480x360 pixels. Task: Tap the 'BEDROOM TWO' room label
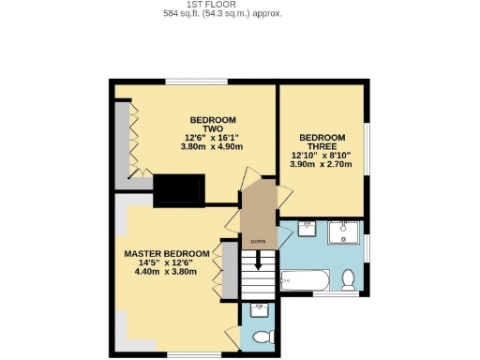(213, 126)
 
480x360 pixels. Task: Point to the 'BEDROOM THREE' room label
(322, 142)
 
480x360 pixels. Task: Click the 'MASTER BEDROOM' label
(167, 254)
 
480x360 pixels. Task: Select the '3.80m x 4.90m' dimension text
(213, 147)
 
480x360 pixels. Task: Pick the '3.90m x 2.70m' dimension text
(322, 165)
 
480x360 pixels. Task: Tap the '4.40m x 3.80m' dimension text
(167, 273)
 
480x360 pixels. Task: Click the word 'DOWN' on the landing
(257, 241)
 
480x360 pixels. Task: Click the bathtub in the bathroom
(305, 280)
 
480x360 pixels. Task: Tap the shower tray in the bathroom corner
(345, 232)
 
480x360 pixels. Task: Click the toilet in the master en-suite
(262, 336)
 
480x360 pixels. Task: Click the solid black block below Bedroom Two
(178, 190)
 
